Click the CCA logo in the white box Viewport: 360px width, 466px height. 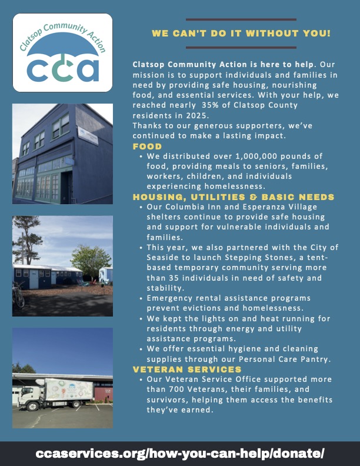[x=62, y=52]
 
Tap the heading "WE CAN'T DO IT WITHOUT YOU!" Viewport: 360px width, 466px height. [x=241, y=34]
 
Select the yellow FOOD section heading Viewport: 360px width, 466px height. [x=147, y=147]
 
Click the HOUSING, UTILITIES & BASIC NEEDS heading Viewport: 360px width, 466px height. [x=234, y=197]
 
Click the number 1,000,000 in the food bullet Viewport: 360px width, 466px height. [x=248, y=156]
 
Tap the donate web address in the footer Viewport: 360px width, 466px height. [x=180, y=454]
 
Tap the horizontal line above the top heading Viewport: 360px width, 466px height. [x=241, y=19]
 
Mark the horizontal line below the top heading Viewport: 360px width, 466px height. [x=241, y=48]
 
